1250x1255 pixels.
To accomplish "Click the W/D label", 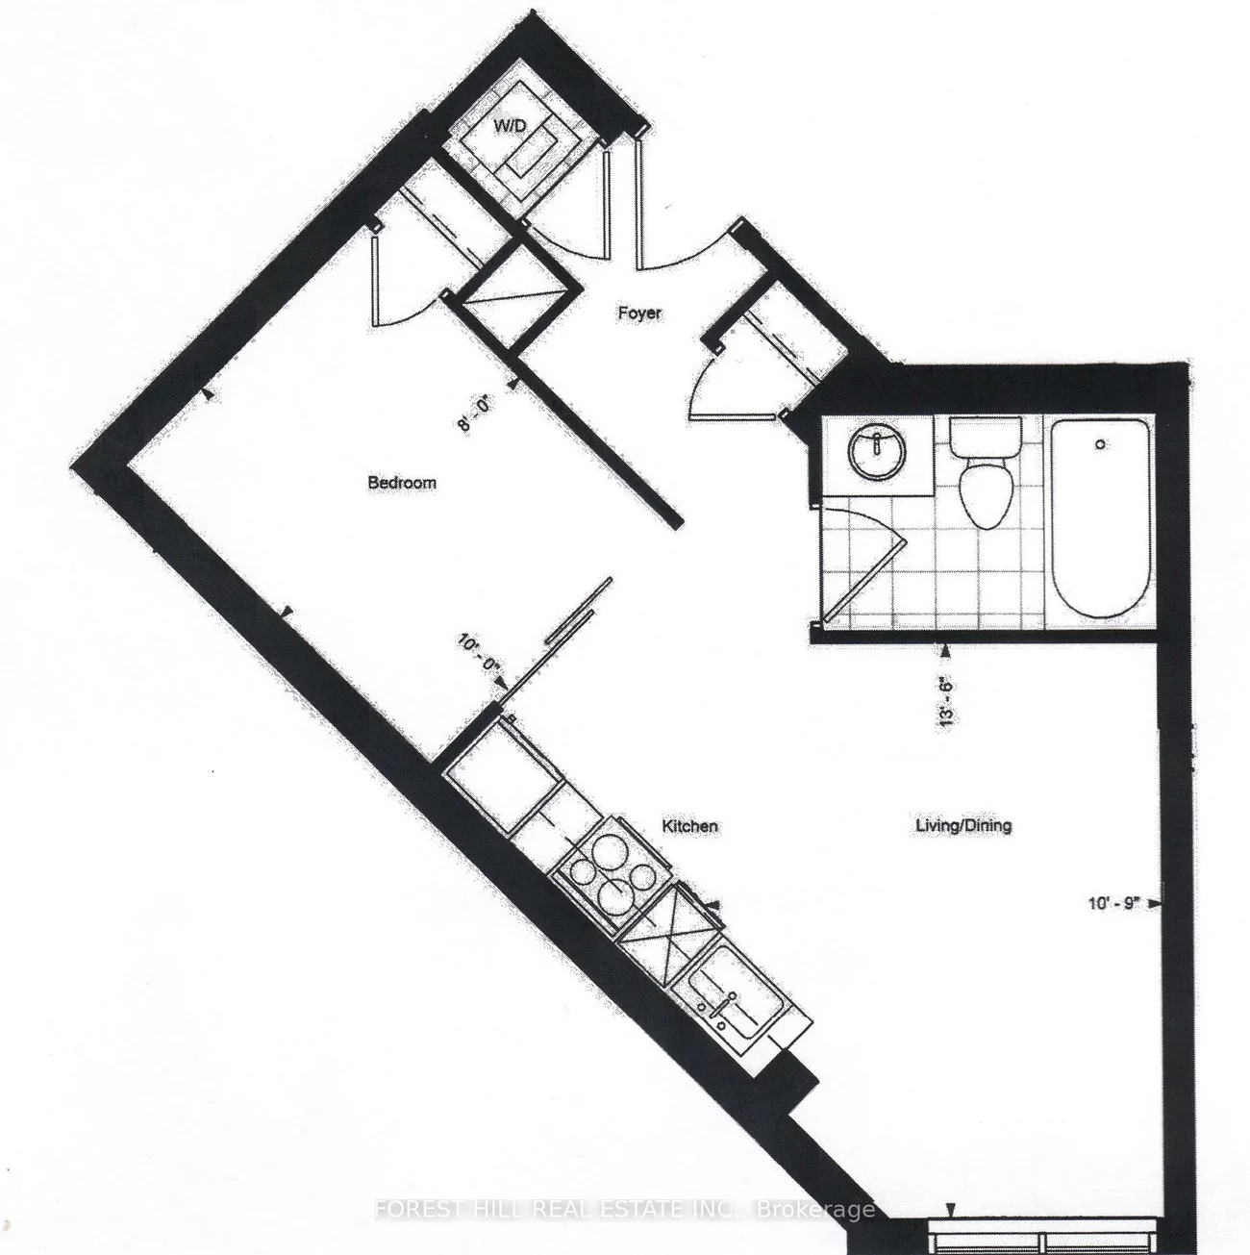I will [505, 126].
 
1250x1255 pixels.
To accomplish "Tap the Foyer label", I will [639, 313].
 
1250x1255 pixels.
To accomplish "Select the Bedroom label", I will [402, 483].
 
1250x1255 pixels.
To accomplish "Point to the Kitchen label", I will [690, 826].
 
